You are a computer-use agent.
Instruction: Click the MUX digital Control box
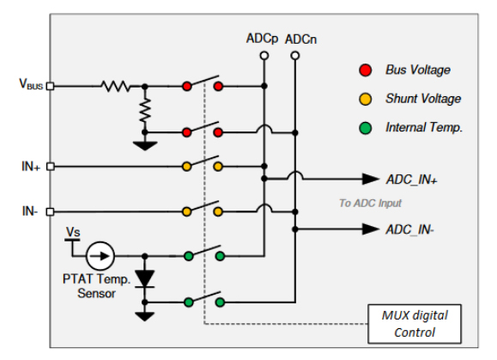pyautogui.click(x=415, y=324)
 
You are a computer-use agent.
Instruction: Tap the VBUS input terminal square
pyautogui.click(x=50, y=86)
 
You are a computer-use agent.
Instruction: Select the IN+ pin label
pyautogui.click(x=31, y=166)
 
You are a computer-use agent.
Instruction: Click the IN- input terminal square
pyautogui.click(x=50, y=211)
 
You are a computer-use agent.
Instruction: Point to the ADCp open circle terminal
pyautogui.click(x=264, y=56)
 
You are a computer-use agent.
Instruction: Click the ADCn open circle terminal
pyautogui.click(x=295, y=56)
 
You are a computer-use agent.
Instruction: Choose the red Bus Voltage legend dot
pyautogui.click(x=366, y=70)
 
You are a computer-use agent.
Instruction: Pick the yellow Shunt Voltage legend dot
pyautogui.click(x=366, y=99)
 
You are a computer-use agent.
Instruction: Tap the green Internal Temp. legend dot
pyautogui.click(x=366, y=128)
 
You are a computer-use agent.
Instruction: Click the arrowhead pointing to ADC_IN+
pyautogui.click(x=371, y=179)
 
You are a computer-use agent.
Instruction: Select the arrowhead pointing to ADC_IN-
pyautogui.click(x=371, y=229)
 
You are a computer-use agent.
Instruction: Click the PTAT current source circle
pyautogui.click(x=100, y=256)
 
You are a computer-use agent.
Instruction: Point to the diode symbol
pyautogui.click(x=145, y=278)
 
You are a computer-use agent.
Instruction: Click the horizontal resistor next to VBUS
pyautogui.click(x=116, y=86)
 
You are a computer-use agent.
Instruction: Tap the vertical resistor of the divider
pyautogui.click(x=145, y=110)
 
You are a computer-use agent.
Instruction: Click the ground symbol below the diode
pyautogui.click(x=145, y=316)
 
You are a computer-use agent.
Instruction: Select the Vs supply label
pyautogui.click(x=73, y=232)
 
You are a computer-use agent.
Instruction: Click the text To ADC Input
pyautogui.click(x=370, y=203)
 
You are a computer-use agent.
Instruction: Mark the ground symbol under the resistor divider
pyautogui.click(x=145, y=146)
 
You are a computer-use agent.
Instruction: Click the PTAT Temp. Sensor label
pyautogui.click(x=97, y=286)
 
